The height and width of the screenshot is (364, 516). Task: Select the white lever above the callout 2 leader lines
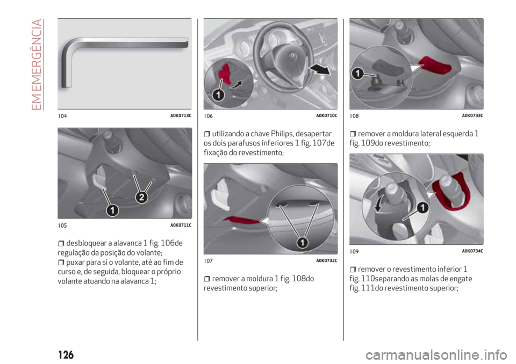click(99, 178)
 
